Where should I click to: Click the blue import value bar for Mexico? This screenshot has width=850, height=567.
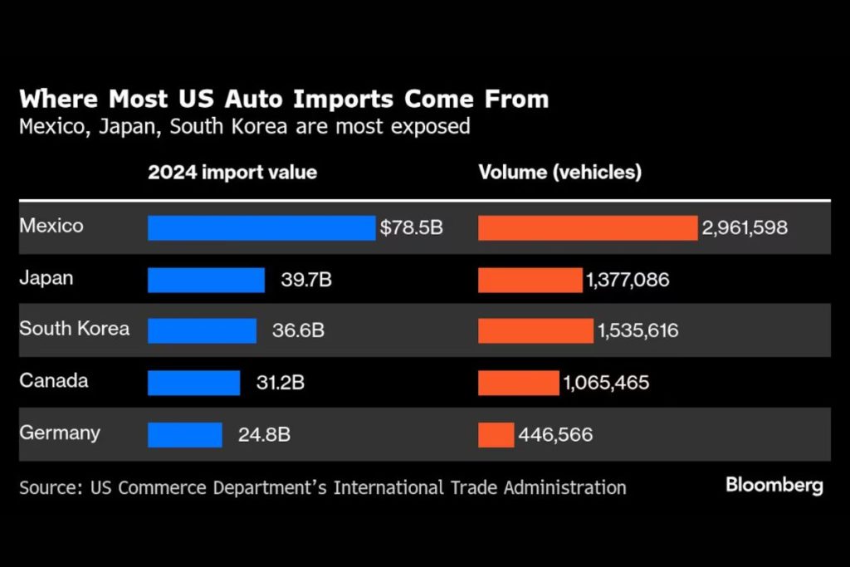[261, 227]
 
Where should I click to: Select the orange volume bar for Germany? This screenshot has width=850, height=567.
[496, 434]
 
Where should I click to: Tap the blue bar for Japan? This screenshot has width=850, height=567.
[206, 280]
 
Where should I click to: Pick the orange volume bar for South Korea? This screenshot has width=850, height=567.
[535, 330]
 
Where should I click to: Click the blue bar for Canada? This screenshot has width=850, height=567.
[193, 383]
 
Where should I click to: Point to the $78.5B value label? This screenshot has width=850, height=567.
[412, 227]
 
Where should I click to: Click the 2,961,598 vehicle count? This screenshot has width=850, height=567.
[745, 227]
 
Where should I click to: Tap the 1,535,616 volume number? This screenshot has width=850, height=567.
[637, 331]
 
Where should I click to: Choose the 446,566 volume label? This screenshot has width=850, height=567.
[555, 434]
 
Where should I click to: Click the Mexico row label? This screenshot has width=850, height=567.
[51, 226]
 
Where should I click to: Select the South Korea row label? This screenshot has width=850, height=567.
[75, 328]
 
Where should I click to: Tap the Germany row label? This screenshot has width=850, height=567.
[60, 433]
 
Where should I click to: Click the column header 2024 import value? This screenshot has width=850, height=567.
[232, 173]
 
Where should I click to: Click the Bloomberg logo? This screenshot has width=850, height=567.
[774, 485]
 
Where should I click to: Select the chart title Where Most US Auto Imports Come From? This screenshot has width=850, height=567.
[284, 100]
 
